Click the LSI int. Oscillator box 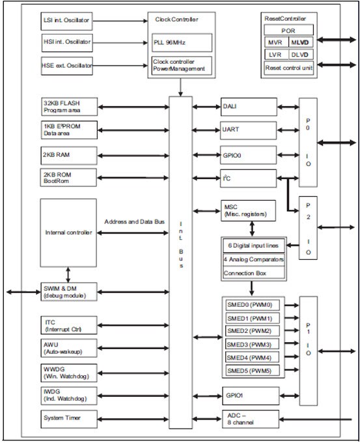pos(69,20)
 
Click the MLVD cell pos(301,42)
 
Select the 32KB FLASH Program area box pos(69,106)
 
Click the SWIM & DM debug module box pos(69,291)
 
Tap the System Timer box pos(69,417)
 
